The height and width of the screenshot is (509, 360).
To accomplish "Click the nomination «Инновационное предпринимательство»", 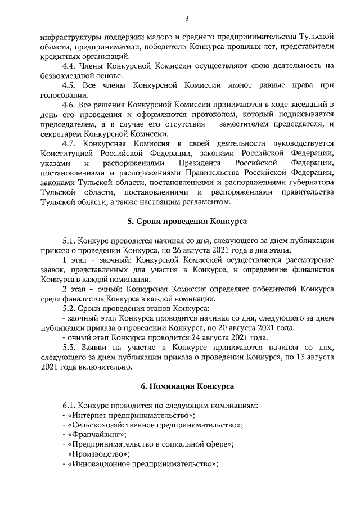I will click(x=142, y=464).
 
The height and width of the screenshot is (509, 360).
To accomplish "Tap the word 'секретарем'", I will click(x=62, y=134).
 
